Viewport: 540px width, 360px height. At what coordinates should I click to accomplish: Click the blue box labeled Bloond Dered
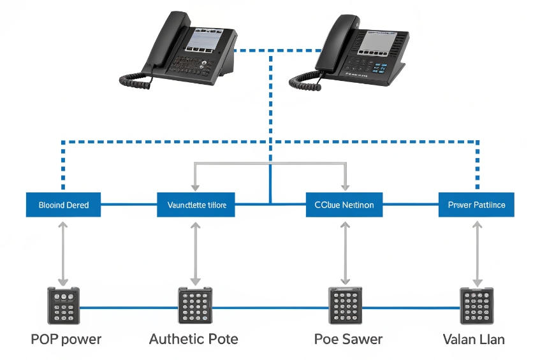pyautogui.click(x=63, y=205)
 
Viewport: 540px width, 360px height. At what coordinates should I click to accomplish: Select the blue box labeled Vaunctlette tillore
pyautogui.click(x=196, y=205)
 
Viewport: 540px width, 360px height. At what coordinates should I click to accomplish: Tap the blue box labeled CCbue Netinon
pyautogui.click(x=344, y=205)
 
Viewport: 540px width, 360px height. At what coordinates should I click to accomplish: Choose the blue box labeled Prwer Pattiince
pyautogui.click(x=476, y=205)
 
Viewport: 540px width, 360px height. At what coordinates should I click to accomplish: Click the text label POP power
pyautogui.click(x=66, y=339)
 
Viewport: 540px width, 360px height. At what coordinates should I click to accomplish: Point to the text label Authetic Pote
pyautogui.click(x=193, y=339)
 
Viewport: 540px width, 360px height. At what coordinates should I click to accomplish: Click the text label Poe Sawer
pyautogui.click(x=348, y=339)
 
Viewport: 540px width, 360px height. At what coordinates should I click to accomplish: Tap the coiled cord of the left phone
pyautogui.click(x=136, y=80)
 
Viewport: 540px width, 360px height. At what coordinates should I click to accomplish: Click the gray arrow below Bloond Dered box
pyautogui.click(x=62, y=252)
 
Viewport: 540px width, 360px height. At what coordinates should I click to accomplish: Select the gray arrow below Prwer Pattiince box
pyautogui.click(x=476, y=252)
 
